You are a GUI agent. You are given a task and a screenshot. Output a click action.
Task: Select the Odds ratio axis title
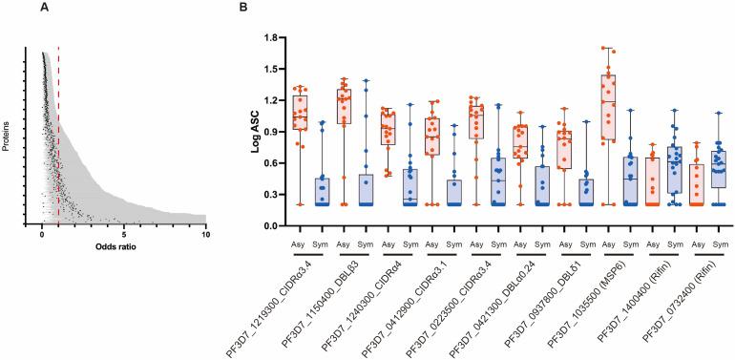pyautogui.click(x=123, y=249)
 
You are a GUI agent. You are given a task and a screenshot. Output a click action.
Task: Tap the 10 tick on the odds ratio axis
pyautogui.click(x=205, y=234)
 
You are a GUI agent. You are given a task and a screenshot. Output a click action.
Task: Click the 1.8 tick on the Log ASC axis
pyautogui.click(x=271, y=37)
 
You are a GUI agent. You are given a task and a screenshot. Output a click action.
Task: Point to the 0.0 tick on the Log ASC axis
pyautogui.click(x=271, y=225)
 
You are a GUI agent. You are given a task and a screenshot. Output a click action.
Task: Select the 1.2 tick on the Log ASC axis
pyautogui.click(x=271, y=100)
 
